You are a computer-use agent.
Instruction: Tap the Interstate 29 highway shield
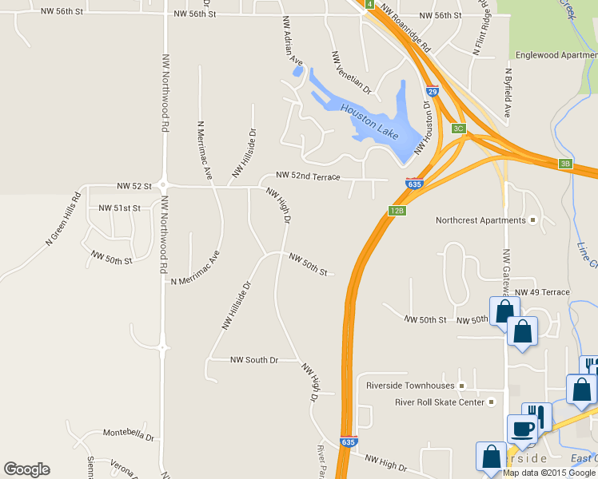point(432,92)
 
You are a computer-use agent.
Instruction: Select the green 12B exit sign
point(397,211)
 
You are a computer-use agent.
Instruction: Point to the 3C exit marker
point(458,128)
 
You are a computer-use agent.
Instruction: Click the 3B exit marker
point(566,164)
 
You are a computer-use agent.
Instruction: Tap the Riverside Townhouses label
point(410,386)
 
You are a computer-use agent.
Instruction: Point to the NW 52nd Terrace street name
point(308,176)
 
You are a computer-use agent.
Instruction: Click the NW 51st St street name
point(119,208)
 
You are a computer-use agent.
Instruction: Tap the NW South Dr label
point(253,360)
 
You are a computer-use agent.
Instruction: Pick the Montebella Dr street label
point(128,433)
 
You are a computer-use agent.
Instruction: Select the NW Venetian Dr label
point(351,71)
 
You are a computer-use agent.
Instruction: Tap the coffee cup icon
point(523,428)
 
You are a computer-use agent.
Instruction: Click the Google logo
point(26,469)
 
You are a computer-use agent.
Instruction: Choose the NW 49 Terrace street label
point(543,292)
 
